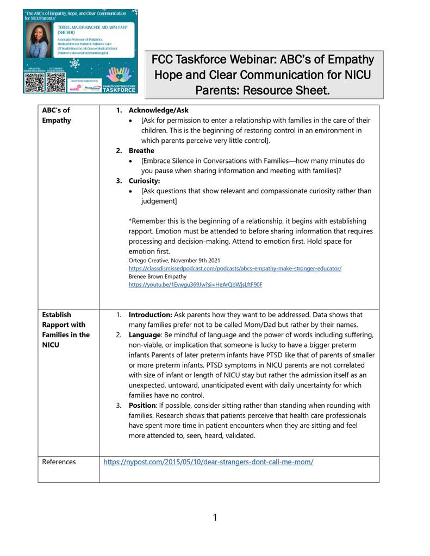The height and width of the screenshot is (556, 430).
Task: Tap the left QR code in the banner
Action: [34, 80]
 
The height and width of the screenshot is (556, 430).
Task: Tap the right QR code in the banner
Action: [55, 80]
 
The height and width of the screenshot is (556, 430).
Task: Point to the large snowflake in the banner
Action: [74, 63]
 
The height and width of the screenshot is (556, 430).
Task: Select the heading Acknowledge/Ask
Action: [158, 110]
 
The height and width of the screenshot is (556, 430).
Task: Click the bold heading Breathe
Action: [141, 150]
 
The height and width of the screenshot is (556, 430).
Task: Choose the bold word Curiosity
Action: [144, 181]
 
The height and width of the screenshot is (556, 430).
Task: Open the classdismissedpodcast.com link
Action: [235, 268]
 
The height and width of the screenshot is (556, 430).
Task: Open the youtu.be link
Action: [195, 284]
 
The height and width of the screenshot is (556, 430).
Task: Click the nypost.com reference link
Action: [208, 462]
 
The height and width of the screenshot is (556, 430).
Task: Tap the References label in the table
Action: [59, 462]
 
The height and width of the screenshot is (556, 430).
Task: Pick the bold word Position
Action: [142, 406]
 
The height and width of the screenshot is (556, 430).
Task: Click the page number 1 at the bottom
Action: [215, 517]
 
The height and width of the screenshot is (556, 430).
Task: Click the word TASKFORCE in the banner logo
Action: [120, 89]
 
